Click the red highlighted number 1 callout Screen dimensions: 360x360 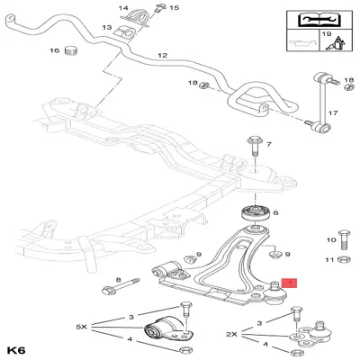[x=288, y=283]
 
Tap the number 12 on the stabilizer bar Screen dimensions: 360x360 [x=163, y=56]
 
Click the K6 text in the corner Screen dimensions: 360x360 [x=15, y=346]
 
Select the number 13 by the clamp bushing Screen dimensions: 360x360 [x=106, y=29]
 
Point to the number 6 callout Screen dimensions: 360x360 [x=276, y=214]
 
